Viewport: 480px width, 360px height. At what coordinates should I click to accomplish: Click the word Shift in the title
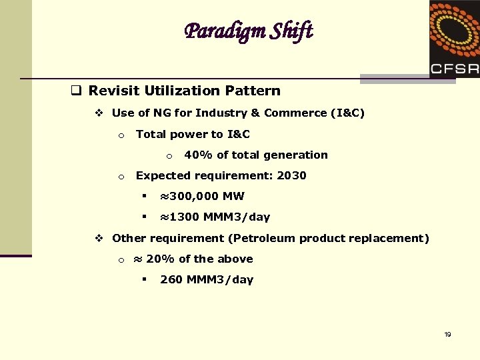point(291,31)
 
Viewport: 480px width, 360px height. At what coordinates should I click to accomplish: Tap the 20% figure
point(160,259)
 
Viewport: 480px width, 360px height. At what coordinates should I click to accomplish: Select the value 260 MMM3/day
point(207,280)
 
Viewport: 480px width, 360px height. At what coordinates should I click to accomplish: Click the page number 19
point(447,334)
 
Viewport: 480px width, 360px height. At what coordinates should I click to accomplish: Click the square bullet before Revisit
point(77,91)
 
